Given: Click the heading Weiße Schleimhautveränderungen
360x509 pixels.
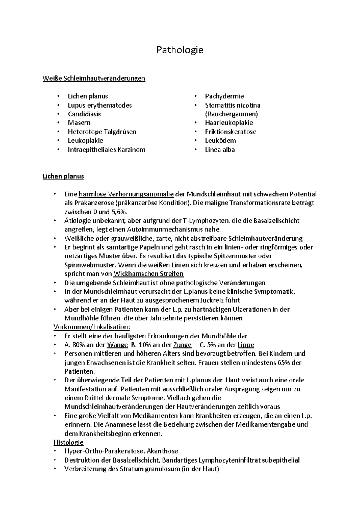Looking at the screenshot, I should [94, 78].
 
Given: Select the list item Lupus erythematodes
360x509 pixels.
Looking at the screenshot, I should [100, 105].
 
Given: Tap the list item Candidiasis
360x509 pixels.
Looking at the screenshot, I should [84, 114].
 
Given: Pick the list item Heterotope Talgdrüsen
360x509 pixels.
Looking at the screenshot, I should [102, 132].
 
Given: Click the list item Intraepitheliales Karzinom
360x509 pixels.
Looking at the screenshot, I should [106, 150].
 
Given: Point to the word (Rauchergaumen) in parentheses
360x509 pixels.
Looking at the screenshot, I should [231, 114].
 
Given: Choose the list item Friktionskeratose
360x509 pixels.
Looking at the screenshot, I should [230, 132].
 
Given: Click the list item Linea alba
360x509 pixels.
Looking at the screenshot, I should [220, 150].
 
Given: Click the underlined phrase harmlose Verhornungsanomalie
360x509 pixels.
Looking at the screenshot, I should [126, 194].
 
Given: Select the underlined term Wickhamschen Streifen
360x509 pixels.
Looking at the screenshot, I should [149, 274].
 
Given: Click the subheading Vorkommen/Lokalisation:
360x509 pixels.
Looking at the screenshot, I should [92, 327].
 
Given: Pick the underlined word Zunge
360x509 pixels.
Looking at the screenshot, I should [182, 345].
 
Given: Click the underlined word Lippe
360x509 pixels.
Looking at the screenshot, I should [246, 345].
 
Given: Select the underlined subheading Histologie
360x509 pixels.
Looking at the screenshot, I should [68, 442].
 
